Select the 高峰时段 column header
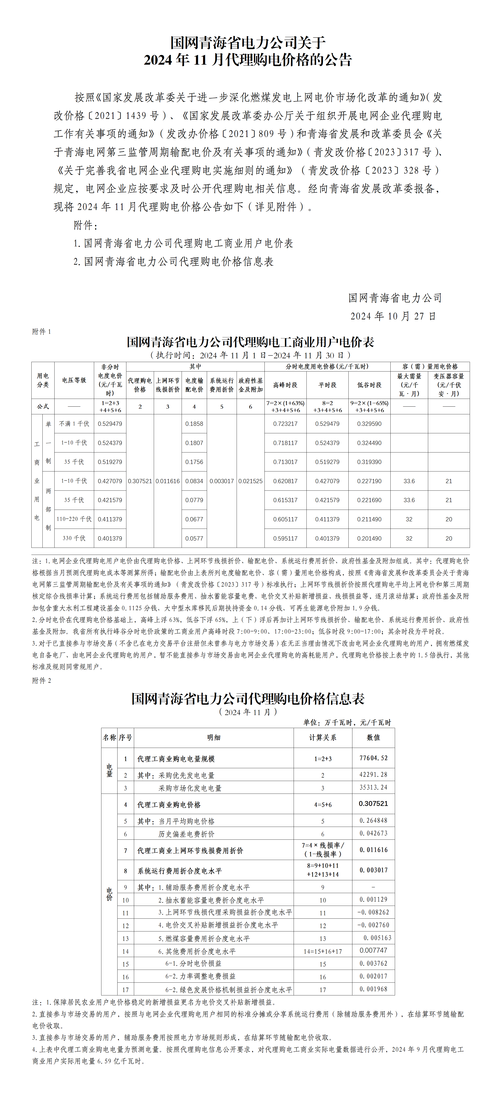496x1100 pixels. tap(285, 385)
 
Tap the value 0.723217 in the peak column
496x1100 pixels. tap(285, 424)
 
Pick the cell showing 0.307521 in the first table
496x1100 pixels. tap(140, 481)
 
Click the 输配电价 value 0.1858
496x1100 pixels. tap(194, 424)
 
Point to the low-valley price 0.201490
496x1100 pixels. tap(369, 539)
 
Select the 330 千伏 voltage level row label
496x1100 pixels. tap(74, 539)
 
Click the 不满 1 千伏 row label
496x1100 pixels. tap(74, 424)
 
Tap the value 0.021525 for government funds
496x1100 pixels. tap(251, 481)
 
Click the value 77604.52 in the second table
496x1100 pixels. tap(373, 758)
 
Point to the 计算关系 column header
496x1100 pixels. tap(322, 738)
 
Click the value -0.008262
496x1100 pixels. tap(373, 912)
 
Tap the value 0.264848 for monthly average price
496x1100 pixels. tap(373, 820)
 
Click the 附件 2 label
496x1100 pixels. tap(42, 681)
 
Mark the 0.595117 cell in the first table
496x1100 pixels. tap(285, 539)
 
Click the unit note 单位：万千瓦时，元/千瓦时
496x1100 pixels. tap(347, 723)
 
